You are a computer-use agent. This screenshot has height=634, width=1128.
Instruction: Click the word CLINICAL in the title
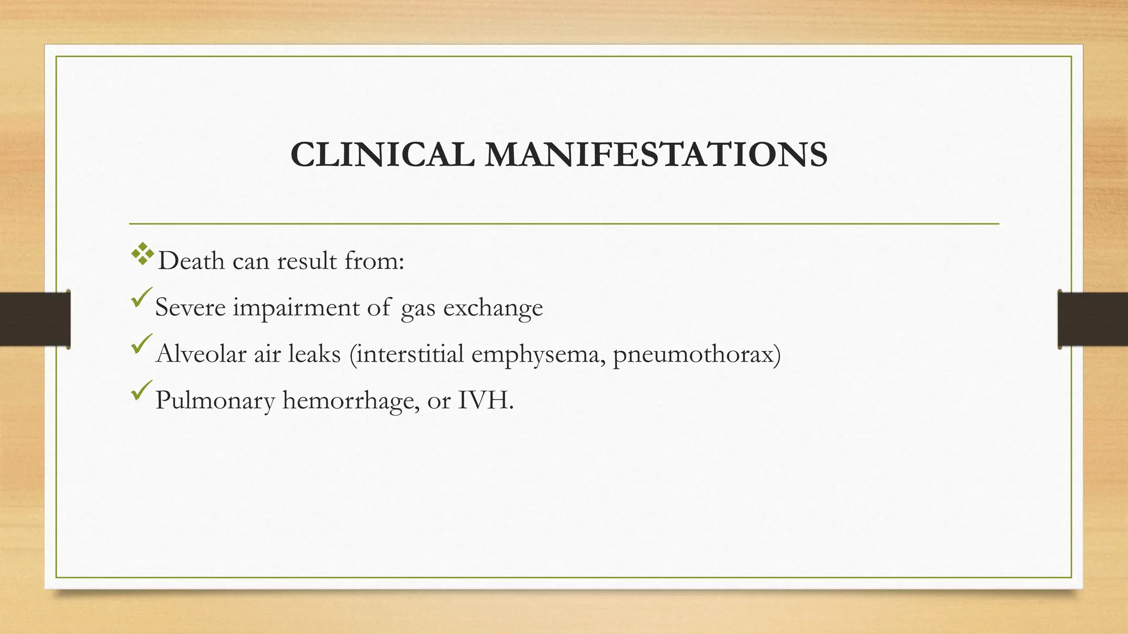point(382,155)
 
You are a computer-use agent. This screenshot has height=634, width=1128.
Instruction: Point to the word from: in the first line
point(375,261)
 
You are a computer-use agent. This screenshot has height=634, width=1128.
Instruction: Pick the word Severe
point(190,307)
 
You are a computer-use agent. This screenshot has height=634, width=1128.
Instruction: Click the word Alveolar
point(201,353)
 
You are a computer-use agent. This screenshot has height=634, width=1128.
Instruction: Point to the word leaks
point(314,353)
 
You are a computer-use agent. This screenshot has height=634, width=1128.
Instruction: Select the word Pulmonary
point(215,401)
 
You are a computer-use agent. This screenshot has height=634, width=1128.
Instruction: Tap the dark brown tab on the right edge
point(1093,319)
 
